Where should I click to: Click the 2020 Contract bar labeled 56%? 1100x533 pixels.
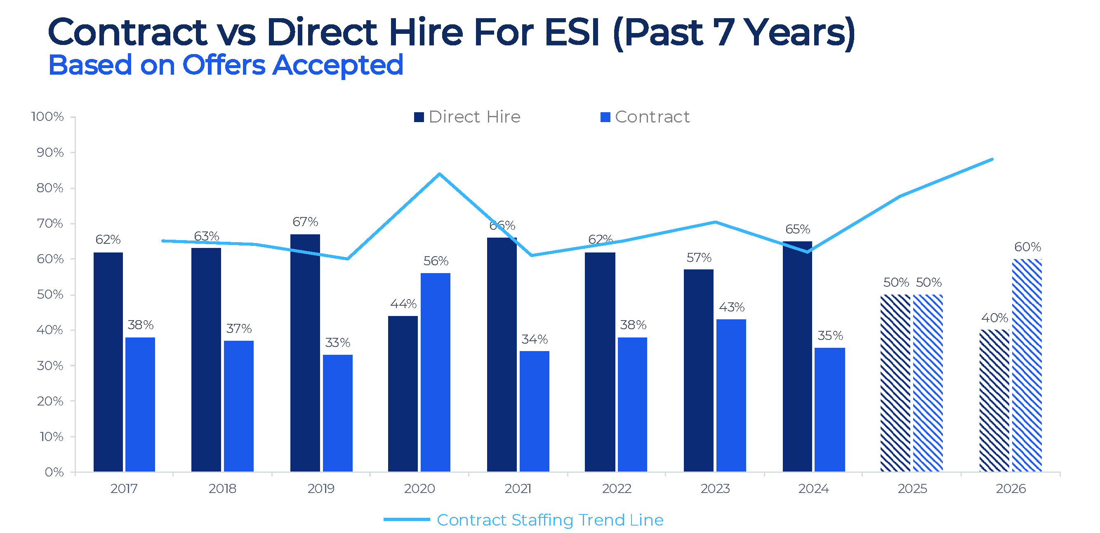[x=435, y=372]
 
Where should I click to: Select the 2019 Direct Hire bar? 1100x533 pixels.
[x=305, y=352]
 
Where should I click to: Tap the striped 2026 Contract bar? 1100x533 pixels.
[x=1027, y=365]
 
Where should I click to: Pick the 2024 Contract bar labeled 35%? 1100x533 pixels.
[x=829, y=409]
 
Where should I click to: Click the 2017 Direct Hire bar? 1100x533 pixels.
[x=108, y=362]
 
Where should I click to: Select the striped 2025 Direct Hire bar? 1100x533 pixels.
[x=895, y=383]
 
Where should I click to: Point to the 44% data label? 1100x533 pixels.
[x=403, y=304]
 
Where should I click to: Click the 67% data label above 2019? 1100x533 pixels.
[x=305, y=222]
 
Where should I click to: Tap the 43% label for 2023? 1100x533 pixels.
[x=732, y=307]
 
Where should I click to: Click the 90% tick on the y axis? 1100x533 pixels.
[x=50, y=153]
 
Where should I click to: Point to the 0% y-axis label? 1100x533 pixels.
[x=54, y=472]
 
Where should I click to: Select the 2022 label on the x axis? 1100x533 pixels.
[x=616, y=488]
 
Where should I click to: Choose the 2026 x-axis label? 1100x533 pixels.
[x=1010, y=488]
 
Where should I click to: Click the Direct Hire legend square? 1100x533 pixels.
[x=419, y=117]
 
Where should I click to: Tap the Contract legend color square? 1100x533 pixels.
[x=605, y=117]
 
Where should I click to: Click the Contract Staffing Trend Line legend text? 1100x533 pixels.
[x=550, y=520]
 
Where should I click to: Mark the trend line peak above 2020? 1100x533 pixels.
[x=439, y=174]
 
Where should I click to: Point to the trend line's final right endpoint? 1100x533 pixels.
[x=992, y=159]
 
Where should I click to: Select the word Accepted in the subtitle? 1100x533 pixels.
[x=337, y=65]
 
